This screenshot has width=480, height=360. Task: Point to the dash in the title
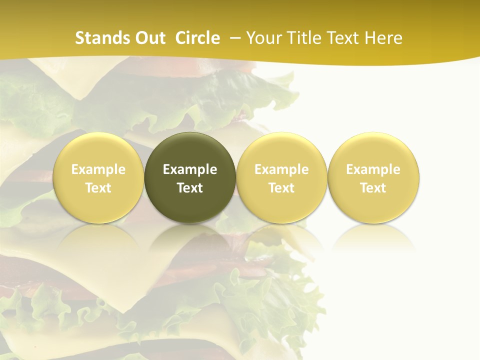point(233,38)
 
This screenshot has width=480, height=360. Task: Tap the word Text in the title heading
point(344,38)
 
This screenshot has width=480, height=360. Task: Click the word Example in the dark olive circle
point(190,169)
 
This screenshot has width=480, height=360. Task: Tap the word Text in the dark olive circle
point(190,188)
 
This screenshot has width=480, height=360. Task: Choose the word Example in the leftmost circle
point(98,169)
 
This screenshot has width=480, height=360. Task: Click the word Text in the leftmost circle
point(98,188)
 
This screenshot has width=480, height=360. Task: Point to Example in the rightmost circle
point(373,169)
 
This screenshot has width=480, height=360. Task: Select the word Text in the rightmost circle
point(373,188)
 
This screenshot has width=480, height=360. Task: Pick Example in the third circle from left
point(281,169)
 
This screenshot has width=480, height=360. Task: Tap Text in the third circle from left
point(281,188)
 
